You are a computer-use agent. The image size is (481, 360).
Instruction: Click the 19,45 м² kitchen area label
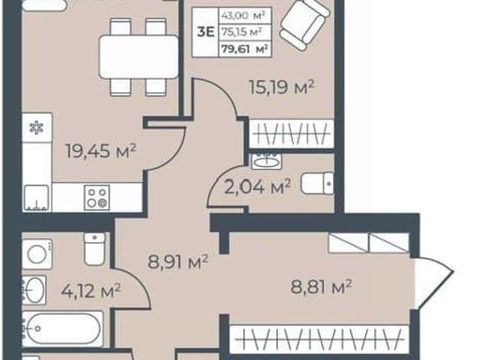[101, 151]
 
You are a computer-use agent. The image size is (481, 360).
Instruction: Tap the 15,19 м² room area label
[282, 87]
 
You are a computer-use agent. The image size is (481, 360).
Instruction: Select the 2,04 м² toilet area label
[257, 186]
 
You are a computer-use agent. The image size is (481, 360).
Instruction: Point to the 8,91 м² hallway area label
[178, 262]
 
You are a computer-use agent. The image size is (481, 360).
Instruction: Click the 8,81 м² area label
[321, 286]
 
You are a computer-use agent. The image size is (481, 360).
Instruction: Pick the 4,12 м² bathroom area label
[91, 290]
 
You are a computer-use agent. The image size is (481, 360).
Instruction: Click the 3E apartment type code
[205, 32]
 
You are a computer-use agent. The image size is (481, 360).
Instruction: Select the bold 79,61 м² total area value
[245, 49]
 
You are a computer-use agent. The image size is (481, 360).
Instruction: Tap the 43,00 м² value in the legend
[243, 15]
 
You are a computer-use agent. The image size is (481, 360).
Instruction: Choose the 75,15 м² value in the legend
[242, 32]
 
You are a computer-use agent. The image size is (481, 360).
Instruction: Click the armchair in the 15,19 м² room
[304, 24]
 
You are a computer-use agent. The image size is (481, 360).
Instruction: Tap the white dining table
[138, 56]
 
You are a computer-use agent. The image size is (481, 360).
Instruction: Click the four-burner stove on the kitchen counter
[97, 198]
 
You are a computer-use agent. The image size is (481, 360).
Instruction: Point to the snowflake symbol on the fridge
[37, 127]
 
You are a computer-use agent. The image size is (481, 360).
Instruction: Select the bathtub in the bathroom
[62, 328]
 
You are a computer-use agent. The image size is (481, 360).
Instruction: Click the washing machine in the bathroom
[37, 254]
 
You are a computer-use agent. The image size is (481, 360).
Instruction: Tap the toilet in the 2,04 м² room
[317, 183]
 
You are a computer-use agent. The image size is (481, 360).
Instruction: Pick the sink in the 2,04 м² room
[267, 161]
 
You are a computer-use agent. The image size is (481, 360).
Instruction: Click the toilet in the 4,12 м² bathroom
[95, 249]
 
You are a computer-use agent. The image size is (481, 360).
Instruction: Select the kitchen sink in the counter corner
[36, 198]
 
